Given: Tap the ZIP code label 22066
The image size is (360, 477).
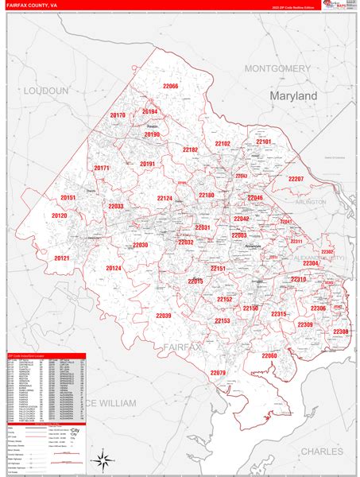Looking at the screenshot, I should tap(171, 86).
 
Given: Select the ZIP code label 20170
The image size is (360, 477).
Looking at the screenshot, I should tap(118, 115).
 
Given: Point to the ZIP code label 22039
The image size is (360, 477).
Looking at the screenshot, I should tap(163, 316).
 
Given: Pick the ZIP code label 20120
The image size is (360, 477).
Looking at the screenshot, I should tap(60, 215).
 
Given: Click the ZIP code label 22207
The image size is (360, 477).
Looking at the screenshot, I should tap(296, 179).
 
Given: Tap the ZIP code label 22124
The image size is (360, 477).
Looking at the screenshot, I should tap(165, 198).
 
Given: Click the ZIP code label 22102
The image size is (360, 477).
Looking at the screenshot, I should tap(223, 143).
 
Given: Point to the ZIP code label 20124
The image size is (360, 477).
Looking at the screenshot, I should tap(114, 268).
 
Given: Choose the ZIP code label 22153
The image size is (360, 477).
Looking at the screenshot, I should tap(222, 320).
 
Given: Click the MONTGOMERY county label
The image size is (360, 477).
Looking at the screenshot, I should tap(277, 68).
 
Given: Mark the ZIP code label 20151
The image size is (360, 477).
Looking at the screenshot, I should tap(68, 198).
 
